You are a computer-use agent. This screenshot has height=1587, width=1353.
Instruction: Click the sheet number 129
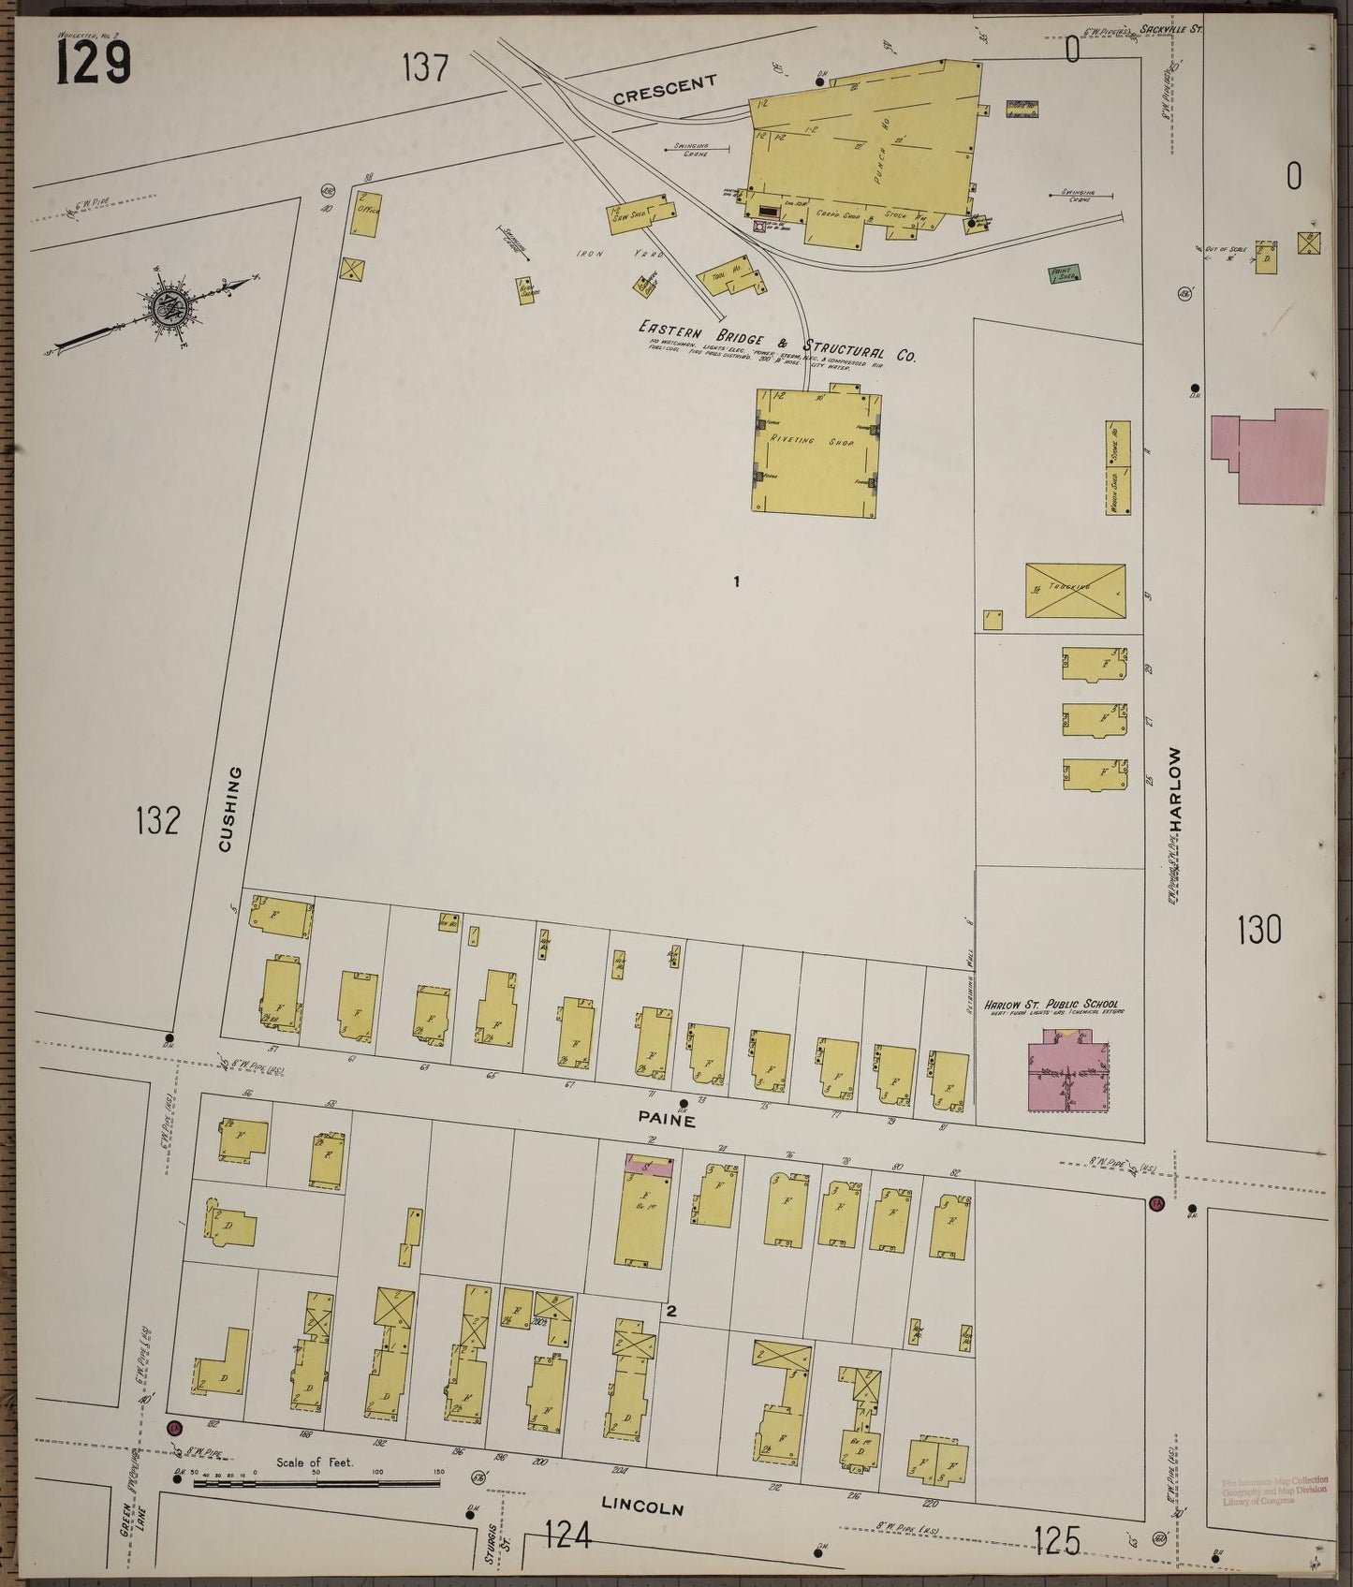[x=94, y=64]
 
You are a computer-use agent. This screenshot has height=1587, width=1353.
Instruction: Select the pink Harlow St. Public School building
[x=1068, y=1069]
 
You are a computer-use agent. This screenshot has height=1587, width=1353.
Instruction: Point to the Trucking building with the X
[x=1075, y=590]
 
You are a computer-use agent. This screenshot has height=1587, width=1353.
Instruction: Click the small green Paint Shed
[x=1064, y=273]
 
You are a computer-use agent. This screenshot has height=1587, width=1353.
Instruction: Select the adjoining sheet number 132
[x=156, y=820]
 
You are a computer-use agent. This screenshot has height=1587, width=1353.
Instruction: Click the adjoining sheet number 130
[x=1259, y=930]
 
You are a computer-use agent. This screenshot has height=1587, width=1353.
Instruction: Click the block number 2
[x=670, y=1312]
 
